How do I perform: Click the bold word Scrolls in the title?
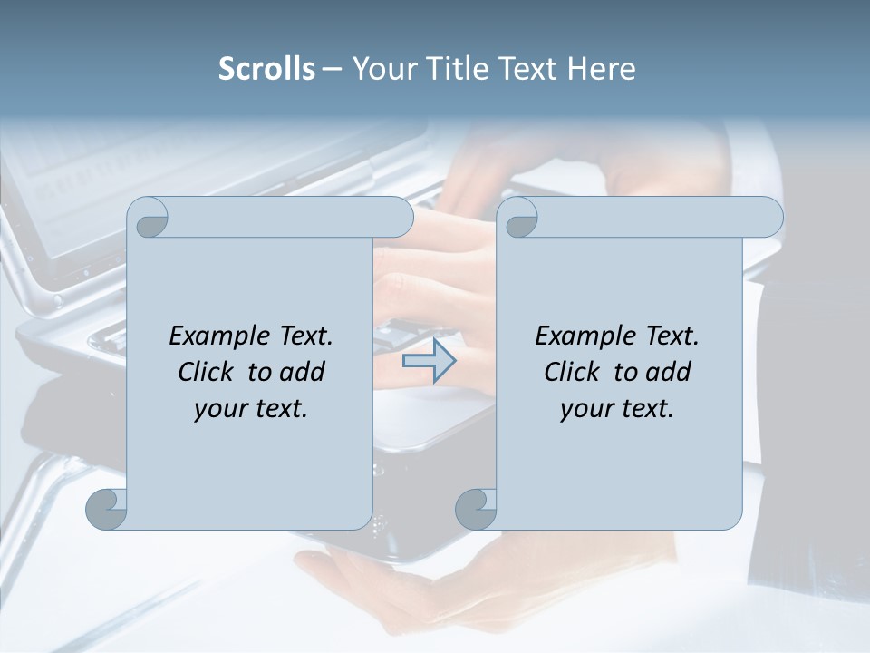tap(266, 69)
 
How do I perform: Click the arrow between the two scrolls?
tap(430, 362)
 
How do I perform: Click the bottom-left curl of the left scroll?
tap(105, 509)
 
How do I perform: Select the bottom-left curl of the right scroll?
tap(474, 509)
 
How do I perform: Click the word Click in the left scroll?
tap(207, 373)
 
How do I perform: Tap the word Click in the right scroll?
tap(572, 373)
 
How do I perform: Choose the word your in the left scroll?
tap(218, 409)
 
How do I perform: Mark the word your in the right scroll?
tap(585, 409)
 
